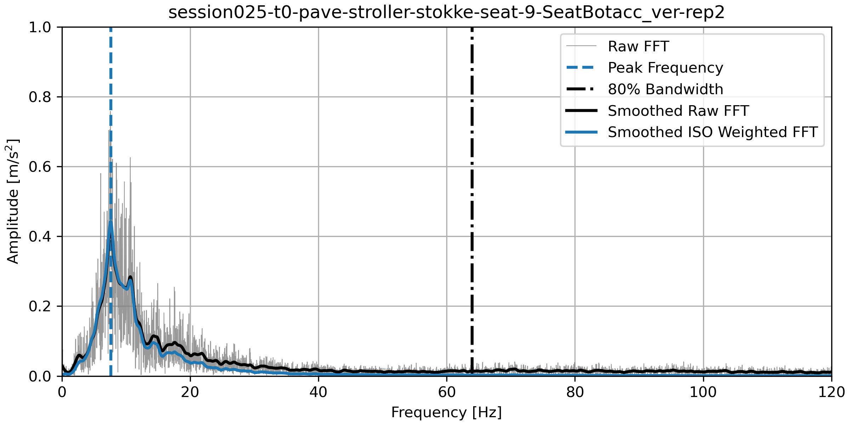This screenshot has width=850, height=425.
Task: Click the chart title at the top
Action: [x=446, y=13]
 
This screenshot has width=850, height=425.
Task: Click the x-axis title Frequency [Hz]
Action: [x=446, y=413]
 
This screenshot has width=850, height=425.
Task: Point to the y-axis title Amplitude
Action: [x=13, y=201]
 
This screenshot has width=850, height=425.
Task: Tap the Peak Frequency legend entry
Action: [x=665, y=68]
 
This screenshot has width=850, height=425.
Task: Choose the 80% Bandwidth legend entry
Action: [x=665, y=89]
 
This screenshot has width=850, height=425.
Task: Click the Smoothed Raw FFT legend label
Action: [x=678, y=111]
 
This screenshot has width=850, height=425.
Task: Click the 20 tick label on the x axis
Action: [x=190, y=392]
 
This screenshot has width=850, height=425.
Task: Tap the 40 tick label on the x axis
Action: [x=318, y=392]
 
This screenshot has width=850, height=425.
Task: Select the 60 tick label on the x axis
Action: [x=447, y=392]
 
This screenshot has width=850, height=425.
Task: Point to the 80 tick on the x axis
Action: [x=575, y=392]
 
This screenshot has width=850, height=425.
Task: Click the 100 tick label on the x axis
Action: [x=703, y=392]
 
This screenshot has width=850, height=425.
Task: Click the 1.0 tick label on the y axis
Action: [x=40, y=27]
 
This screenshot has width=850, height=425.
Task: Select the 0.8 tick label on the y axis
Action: [x=40, y=97]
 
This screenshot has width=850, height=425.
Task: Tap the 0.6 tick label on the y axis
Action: [x=40, y=167]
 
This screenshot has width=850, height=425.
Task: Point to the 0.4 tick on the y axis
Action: [x=40, y=237]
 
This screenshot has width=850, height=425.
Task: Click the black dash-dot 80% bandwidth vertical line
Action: [x=472, y=212]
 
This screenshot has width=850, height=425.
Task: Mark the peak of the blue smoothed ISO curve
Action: [x=110, y=222]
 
